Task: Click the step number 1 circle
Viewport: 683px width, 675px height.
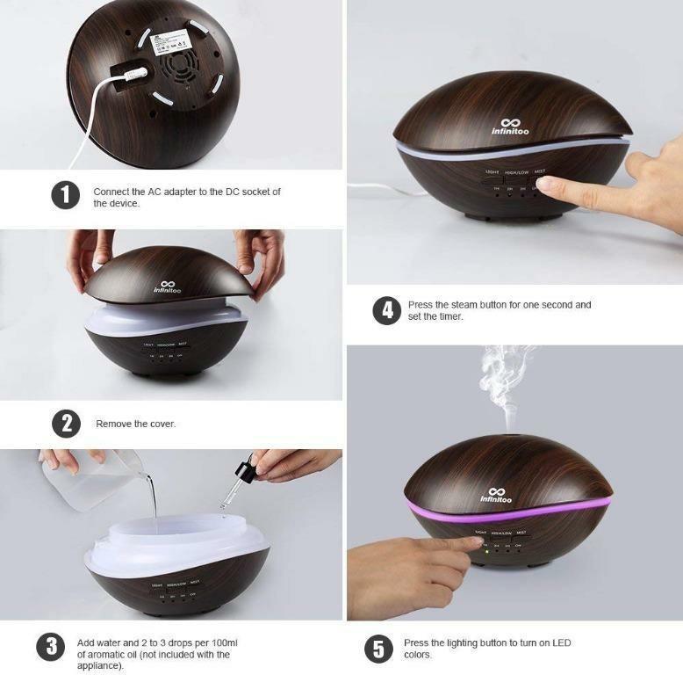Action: [65, 195]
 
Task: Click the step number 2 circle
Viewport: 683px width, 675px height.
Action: [66, 423]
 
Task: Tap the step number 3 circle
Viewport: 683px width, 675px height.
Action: [50, 649]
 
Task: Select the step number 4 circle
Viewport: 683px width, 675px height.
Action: [386, 310]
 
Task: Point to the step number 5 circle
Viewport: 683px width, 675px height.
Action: [378, 649]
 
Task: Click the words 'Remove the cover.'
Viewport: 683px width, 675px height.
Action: [135, 424]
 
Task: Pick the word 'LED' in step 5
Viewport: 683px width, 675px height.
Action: [560, 642]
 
